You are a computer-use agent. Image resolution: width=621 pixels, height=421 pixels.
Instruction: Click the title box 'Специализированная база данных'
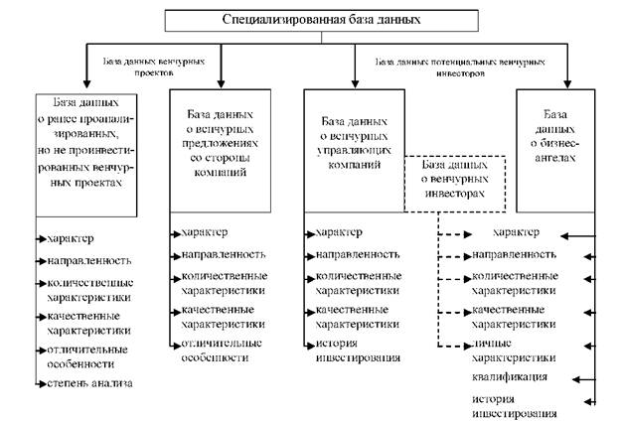[315, 19]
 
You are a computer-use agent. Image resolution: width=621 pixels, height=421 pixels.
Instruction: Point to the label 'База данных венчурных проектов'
[153, 67]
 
